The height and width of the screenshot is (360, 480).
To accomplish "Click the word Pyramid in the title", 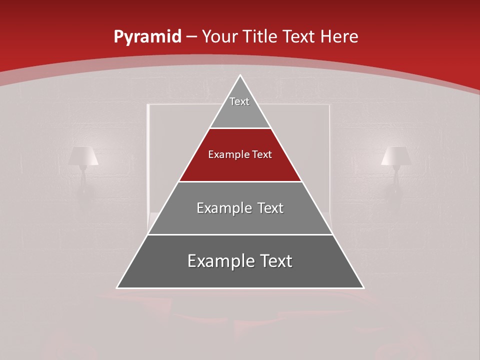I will tap(147, 36).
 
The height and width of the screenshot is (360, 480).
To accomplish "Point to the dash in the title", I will tap(192, 37).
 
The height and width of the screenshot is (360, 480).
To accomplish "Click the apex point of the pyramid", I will tap(240, 75).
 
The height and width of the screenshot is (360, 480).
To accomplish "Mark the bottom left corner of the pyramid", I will tap(117, 287).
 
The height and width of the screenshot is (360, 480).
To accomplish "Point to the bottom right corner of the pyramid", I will tap(363, 287).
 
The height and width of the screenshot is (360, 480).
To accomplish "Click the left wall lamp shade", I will tap(83, 156).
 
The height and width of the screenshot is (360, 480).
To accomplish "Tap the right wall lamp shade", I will tap(396, 156).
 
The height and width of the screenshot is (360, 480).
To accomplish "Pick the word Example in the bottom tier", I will tap(219, 261).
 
